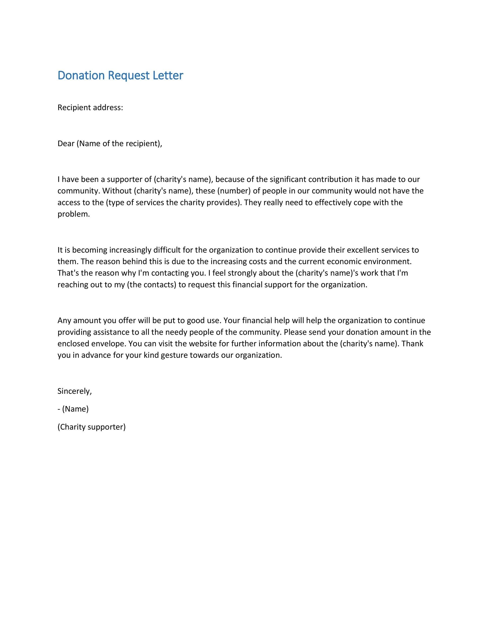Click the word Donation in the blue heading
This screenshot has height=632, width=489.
[81, 76]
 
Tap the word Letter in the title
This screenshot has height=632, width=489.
[168, 76]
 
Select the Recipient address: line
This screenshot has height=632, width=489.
[90, 108]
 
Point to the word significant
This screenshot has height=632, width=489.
[288, 179]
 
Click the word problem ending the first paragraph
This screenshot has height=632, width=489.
[73, 214]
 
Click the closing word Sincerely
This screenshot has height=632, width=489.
[74, 391]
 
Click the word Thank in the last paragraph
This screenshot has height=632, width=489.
[413, 344]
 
